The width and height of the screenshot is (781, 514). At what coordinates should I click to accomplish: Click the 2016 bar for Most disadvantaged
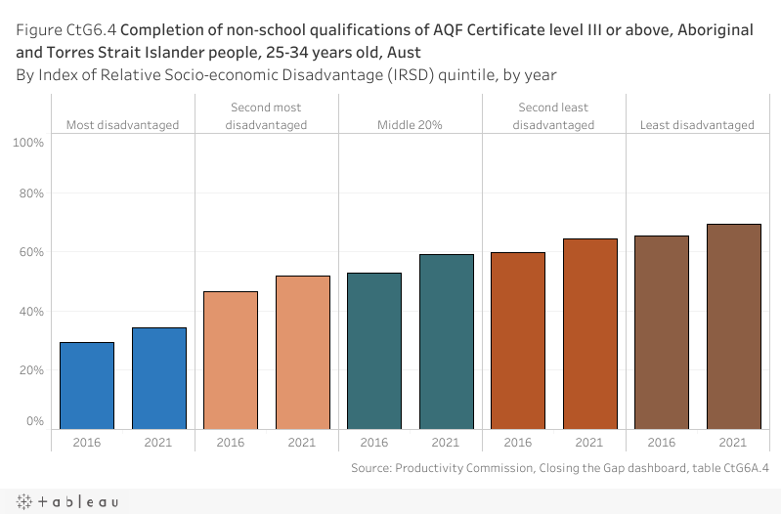pyautogui.click(x=87, y=385)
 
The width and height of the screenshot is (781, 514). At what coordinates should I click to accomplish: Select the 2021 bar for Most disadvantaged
pyautogui.click(x=158, y=378)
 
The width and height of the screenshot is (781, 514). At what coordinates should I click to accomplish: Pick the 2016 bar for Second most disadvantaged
pyautogui.click(x=231, y=360)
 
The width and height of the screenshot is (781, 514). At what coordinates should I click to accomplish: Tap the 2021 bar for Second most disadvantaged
pyautogui.click(x=303, y=352)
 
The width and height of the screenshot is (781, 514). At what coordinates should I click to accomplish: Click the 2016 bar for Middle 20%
pyautogui.click(x=374, y=350)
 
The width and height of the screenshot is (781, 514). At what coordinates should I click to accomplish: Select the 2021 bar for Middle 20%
pyautogui.click(x=447, y=341)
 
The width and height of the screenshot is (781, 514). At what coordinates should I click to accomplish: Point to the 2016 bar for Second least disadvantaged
pyautogui.click(x=518, y=340)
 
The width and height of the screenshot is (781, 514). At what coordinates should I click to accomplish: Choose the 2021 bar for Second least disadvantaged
pyautogui.click(x=590, y=333)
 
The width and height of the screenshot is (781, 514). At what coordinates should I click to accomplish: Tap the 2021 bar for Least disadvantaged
pyautogui.click(x=734, y=326)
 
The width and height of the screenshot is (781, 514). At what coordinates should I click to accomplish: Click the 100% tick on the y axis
pyautogui.click(x=29, y=143)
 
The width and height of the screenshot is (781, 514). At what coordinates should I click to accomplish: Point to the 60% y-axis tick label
pyautogui.click(x=31, y=252)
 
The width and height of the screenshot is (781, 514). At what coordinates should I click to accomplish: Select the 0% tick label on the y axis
pyautogui.click(x=35, y=421)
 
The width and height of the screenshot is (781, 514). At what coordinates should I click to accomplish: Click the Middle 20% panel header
pyautogui.click(x=411, y=125)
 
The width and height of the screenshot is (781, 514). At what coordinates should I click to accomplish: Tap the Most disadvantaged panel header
pyautogui.click(x=123, y=125)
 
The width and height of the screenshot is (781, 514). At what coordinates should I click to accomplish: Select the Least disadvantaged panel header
pyautogui.click(x=697, y=125)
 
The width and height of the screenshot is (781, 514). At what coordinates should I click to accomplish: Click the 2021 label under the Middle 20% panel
pyautogui.click(x=447, y=443)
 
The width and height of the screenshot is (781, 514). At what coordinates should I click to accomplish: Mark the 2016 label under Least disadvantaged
pyautogui.click(x=662, y=443)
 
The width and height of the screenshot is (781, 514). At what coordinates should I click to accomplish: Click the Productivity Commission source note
pyautogui.click(x=559, y=468)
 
